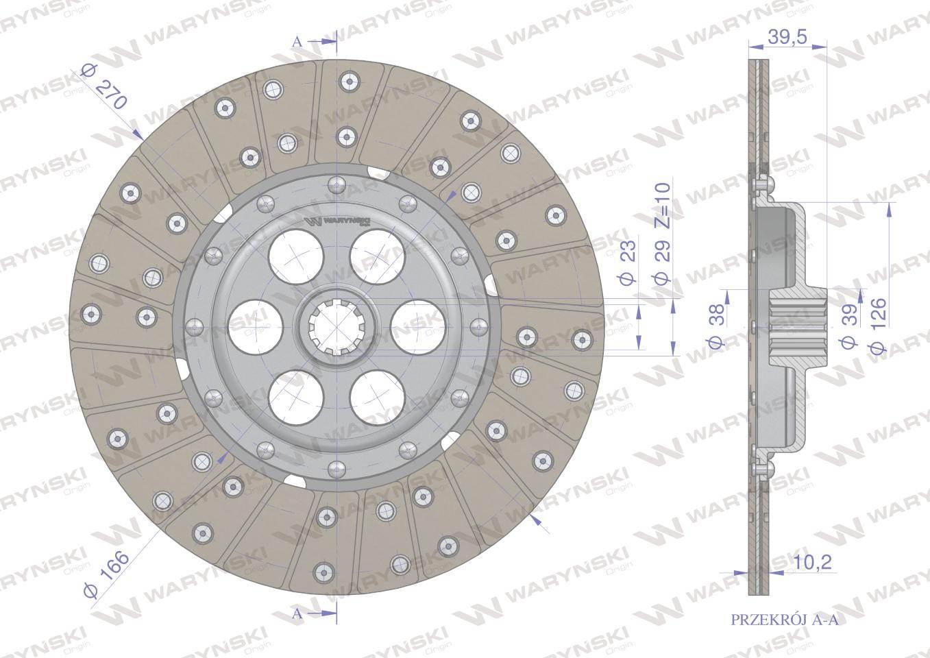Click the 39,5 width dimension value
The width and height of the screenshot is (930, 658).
[x=787, y=38]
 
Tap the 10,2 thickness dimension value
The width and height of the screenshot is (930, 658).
[x=813, y=563]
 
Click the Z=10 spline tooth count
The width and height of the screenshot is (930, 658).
[x=663, y=206]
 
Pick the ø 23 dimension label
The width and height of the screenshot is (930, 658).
[x=628, y=263]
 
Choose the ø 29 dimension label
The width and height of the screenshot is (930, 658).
[x=663, y=263]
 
